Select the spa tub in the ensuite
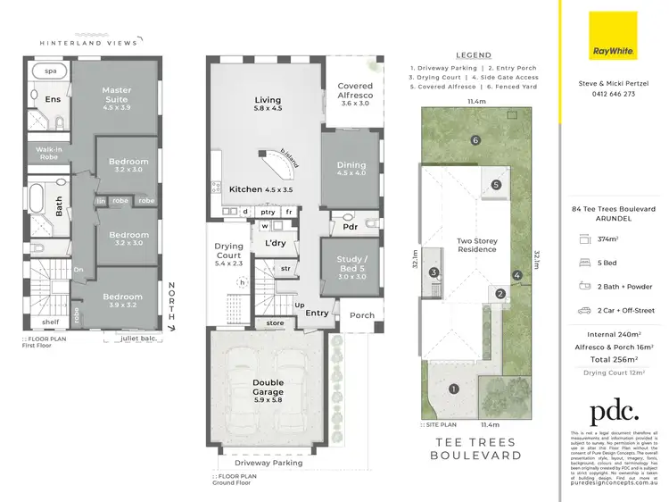[44, 70]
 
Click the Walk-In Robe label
[47, 154]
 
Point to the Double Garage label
[268, 391]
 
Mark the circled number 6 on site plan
[476, 140]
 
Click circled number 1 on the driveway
[454, 389]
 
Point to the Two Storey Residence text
[476, 245]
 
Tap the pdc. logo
[615, 411]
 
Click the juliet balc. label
[135, 338]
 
